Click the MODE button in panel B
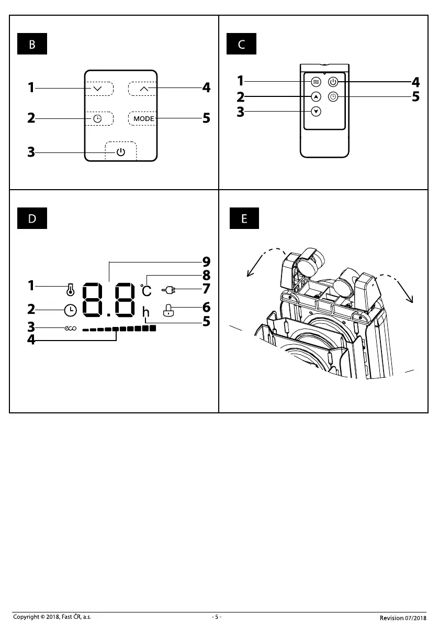pyautogui.click(x=143, y=118)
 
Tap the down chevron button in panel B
pyautogui.click(x=98, y=89)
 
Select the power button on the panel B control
pyautogui.click(x=121, y=152)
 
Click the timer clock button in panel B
pyautogui.click(x=98, y=118)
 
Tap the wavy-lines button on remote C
pyautogui.click(x=316, y=82)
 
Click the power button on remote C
pyautogui.click(x=333, y=82)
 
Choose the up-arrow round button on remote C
pyautogui.click(x=316, y=97)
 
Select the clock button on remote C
pyautogui.click(x=333, y=97)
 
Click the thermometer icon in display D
pyautogui.click(x=70, y=290)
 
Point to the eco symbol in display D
pyautogui.click(x=70, y=329)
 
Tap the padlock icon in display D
pyautogui.click(x=168, y=310)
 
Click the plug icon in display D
pyautogui.click(x=168, y=290)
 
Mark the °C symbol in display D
pyautogui.click(x=146, y=290)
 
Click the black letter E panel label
pyautogui.click(x=244, y=218)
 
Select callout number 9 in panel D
pyautogui.click(x=206, y=262)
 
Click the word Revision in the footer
pyautogui.click(x=392, y=618)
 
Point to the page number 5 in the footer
pyautogui.click(x=217, y=617)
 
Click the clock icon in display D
pyautogui.click(x=70, y=310)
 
